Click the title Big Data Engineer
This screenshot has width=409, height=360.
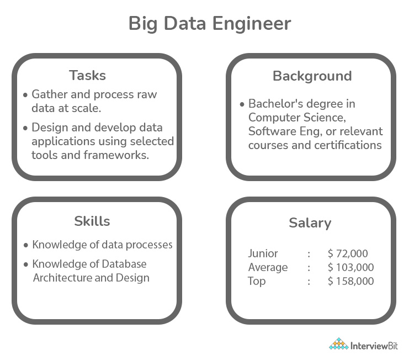[x=209, y=24]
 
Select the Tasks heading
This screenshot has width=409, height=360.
[x=87, y=75]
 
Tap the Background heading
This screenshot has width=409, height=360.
[x=312, y=76]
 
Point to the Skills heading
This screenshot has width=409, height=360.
[x=92, y=221]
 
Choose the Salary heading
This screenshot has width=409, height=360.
[x=310, y=223]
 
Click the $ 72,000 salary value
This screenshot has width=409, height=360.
[x=348, y=254]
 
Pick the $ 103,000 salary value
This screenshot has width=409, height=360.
[x=350, y=268]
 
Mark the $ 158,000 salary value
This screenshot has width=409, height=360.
[x=350, y=281]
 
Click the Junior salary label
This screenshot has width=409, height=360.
[x=263, y=254]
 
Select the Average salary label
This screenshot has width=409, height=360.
[x=268, y=268]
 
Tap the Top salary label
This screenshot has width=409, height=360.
[x=257, y=281]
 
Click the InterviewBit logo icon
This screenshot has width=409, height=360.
[x=338, y=345]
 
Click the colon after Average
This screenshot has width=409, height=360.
[x=309, y=268]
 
